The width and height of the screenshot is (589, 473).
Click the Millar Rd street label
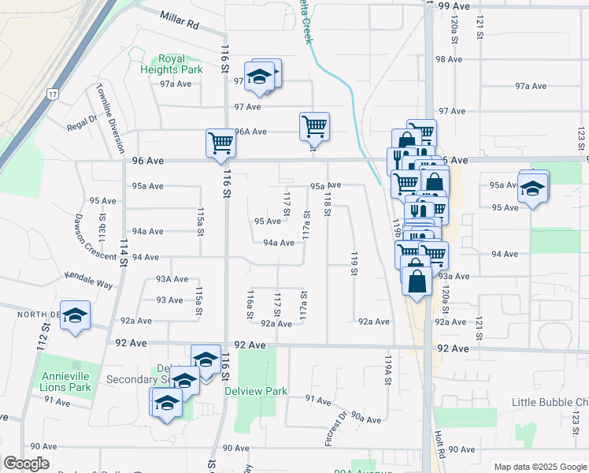click(180, 20)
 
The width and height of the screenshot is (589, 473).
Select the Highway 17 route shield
click(52, 94)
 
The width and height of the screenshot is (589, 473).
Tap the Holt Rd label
click(439, 446)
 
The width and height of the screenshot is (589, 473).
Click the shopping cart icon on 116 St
click(220, 143)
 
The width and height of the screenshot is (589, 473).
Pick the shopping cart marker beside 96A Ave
click(314, 125)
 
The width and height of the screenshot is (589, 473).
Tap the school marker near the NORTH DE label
click(76, 315)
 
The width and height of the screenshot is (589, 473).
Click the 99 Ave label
click(454, 6)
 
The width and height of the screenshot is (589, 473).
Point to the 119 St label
click(354, 264)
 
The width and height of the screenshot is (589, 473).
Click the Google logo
click(26, 464)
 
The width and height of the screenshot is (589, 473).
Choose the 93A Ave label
click(172, 278)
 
